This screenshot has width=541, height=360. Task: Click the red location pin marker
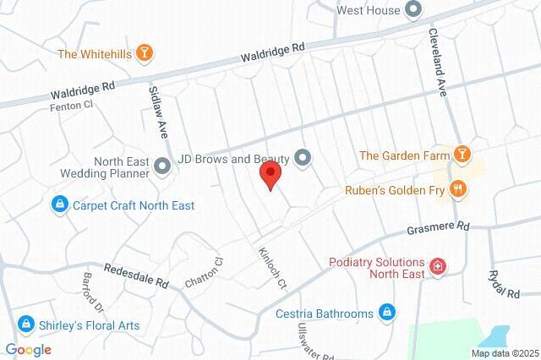coord(270,175)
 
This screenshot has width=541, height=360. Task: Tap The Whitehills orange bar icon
coord(145,54)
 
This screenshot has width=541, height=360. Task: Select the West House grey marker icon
coord(413,10)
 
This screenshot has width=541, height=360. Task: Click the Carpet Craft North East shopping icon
coord(60,205)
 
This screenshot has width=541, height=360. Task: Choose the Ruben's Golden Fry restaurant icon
coord(458,189)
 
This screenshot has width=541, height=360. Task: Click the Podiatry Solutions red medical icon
coord(438,267)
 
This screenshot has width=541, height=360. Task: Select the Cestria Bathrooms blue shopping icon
coord(385,313)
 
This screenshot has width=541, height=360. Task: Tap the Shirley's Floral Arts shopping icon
coord(25,324)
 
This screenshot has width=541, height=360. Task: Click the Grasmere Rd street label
coord(437,228)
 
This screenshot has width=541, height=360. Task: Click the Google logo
coord(28,350)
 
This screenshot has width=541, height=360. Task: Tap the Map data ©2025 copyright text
coord(505,352)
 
